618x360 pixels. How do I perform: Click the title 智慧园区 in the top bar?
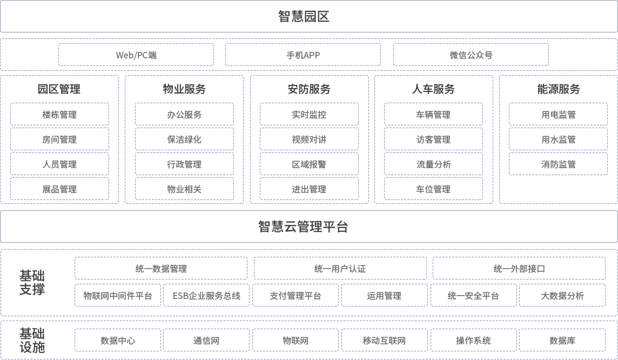tap(304, 16)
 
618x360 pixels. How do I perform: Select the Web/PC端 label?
tap(136, 55)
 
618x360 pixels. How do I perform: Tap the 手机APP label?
tap(303, 55)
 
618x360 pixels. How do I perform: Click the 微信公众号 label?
tap(471, 55)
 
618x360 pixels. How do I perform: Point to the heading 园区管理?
tap(59, 89)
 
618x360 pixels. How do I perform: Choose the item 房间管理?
tap(59, 139)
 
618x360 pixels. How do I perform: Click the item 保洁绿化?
tap(184, 139)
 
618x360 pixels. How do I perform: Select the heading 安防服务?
tap(309, 89)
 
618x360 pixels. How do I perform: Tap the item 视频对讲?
tap(309, 139)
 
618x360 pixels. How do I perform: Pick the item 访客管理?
tap(433, 139)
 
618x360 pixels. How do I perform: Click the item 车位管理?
tap(433, 189)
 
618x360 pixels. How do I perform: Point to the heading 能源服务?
tap(559, 89)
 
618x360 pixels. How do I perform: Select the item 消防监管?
tap(559, 164)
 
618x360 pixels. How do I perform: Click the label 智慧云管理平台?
tap(303, 226)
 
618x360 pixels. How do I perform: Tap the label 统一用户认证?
tap(340, 269)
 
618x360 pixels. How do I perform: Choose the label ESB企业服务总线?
tap(206, 296)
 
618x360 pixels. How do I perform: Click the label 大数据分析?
tap(562, 296)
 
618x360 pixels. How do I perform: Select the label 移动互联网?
tap(384, 341)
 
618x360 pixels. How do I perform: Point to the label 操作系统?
tap(473, 341)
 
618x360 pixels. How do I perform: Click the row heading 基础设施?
tap(32, 340)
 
